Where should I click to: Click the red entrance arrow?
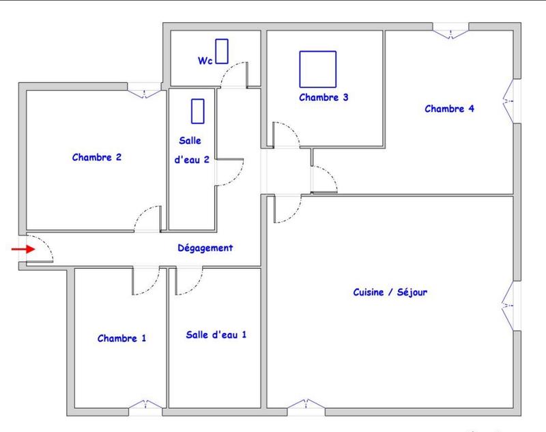click(x=23, y=249)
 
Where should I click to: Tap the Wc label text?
click(x=204, y=60)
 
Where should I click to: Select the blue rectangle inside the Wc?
click(x=222, y=51)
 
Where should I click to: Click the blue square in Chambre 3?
click(x=318, y=68)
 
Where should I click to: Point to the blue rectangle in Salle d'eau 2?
click(x=197, y=111)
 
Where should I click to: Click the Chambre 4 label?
click(x=449, y=109)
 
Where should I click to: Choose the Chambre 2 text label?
click(x=96, y=157)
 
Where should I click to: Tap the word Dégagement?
click(x=205, y=248)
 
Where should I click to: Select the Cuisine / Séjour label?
click(x=390, y=292)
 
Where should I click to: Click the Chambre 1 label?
click(x=121, y=338)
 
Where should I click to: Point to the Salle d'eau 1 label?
click(x=216, y=335)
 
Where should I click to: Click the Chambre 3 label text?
click(x=324, y=98)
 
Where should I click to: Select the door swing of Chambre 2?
click(x=147, y=218)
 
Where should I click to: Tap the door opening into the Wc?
click(x=234, y=74)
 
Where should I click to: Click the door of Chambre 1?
click(x=145, y=281)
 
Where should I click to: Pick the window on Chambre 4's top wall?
click(x=451, y=29)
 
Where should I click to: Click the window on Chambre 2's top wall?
click(x=145, y=90)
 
